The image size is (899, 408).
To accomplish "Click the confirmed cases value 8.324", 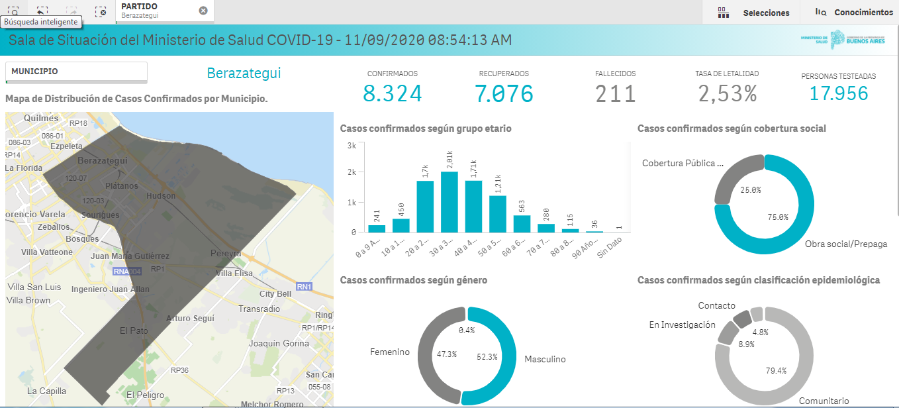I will click(x=392, y=93).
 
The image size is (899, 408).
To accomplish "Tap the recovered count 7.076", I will click(x=504, y=93).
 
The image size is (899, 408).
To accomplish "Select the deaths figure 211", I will click(x=615, y=93).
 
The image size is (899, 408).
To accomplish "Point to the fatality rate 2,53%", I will click(x=727, y=93).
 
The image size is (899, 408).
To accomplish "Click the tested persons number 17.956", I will click(x=838, y=93).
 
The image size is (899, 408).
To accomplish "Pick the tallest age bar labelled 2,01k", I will click(x=449, y=202).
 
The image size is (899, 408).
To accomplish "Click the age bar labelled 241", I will click(x=377, y=229).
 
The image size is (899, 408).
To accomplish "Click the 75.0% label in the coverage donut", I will click(x=778, y=217).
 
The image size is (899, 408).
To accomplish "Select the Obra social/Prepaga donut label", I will click(x=845, y=244).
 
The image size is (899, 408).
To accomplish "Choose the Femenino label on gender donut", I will click(x=390, y=352).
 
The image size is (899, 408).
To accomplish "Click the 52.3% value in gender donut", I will click(x=486, y=357).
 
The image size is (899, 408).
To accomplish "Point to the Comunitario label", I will click(x=824, y=401).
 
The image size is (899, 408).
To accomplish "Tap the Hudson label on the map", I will click(x=161, y=196).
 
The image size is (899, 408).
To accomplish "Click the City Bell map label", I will click(x=275, y=294).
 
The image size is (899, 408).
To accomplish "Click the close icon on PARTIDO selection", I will click(x=203, y=11).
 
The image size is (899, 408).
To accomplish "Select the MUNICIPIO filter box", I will click(x=76, y=72).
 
